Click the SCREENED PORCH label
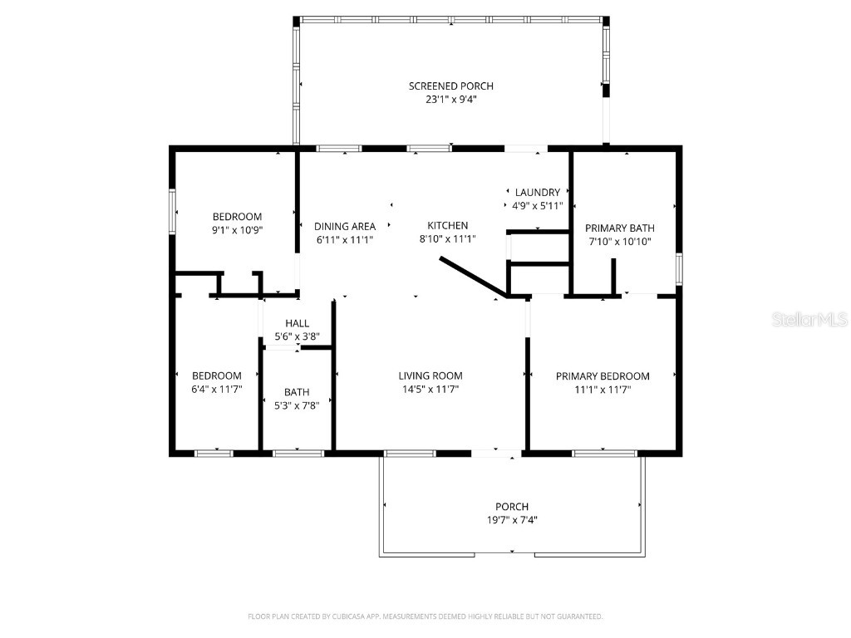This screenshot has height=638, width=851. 450,86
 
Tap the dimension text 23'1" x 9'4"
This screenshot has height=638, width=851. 450,100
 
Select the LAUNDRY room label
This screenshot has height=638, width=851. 537,193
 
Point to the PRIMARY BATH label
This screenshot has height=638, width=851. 619,228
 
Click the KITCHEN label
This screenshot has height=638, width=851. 447,226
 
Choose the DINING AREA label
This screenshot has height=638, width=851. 344,226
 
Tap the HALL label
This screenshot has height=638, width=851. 297,324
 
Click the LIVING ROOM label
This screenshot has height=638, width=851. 430,376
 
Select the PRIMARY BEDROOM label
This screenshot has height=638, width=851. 603,376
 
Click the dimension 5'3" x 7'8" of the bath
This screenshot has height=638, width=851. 297,405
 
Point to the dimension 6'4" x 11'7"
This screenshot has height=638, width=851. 216,389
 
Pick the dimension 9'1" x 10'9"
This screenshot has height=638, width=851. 237,231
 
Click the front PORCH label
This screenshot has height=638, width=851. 512,507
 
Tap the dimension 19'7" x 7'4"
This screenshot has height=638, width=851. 512,520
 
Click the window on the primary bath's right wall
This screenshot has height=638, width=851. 679,269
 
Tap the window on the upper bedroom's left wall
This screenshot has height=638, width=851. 173,213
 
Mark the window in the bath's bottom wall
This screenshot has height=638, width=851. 298,453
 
